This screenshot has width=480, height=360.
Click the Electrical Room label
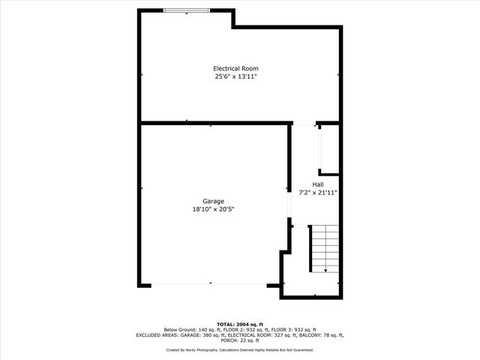pos(235,68)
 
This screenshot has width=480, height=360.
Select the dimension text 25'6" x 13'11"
pos(235,76)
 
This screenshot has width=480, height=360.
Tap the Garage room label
pos(213,202)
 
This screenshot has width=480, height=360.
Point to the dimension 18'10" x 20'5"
pos(213,209)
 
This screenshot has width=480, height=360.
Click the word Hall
pos(318,184)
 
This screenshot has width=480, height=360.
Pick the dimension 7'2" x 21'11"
pos(318,193)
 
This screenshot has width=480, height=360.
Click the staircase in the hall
pos(325,248)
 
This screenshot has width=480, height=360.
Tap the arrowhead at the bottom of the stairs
pos(325,271)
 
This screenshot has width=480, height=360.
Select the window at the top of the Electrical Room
pos(187,10)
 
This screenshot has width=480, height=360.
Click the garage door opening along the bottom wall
pos(209,284)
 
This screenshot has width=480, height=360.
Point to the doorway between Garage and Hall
pos(289,205)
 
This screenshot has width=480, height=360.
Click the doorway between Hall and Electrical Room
pos(304,123)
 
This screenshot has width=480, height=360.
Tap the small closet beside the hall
pos(330,149)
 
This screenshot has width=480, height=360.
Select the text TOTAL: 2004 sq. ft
pos(240,325)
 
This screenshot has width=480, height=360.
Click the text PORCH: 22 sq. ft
pos(240,340)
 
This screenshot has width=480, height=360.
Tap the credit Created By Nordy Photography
pos(192,350)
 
